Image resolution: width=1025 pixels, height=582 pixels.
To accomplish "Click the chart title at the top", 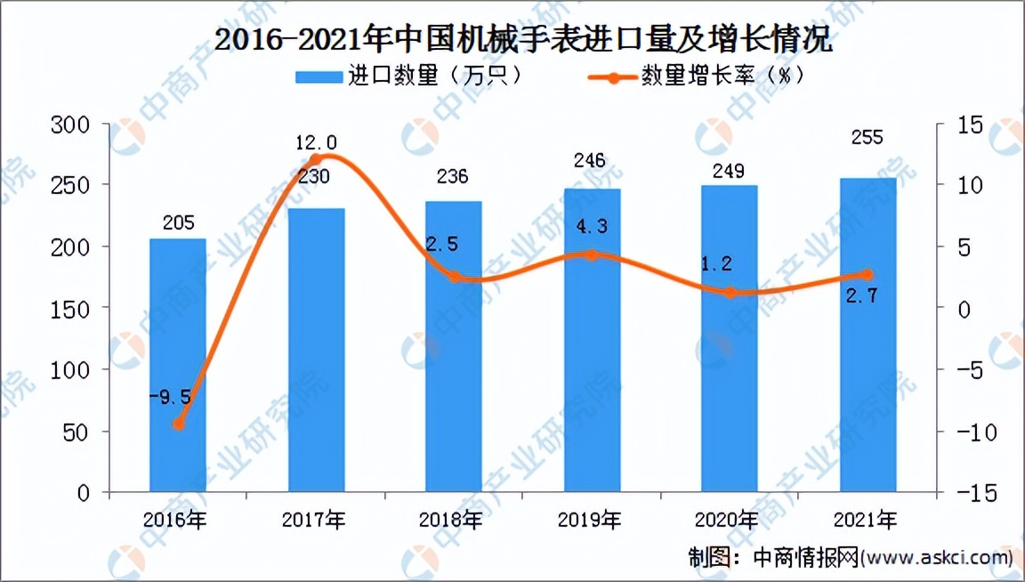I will pyautogui.click(x=512, y=40).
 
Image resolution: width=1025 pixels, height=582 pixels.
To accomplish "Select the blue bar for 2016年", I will pyautogui.click(x=177, y=365).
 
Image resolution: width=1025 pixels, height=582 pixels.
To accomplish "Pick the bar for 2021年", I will pyautogui.click(x=868, y=335).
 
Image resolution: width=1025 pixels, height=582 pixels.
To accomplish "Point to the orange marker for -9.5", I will pyautogui.click(x=178, y=424).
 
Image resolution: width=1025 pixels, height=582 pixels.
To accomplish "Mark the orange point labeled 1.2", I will pyautogui.click(x=730, y=292).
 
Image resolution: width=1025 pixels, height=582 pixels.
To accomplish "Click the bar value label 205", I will pyautogui.click(x=178, y=222).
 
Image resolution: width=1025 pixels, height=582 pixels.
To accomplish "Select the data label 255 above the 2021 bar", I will pyautogui.click(x=868, y=138).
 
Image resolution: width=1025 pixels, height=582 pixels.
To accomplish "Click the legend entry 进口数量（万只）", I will pyautogui.click(x=409, y=77).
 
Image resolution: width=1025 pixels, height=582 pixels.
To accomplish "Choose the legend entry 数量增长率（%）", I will pyautogui.click(x=698, y=77).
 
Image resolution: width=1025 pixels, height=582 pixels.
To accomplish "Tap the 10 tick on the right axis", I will pyautogui.click(x=964, y=185).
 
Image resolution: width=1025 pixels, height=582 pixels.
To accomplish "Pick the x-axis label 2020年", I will pyautogui.click(x=730, y=519).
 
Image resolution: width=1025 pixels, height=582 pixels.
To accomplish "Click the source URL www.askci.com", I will pyautogui.click(x=938, y=558).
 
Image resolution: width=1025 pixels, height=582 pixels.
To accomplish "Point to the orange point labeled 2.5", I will pyautogui.click(x=455, y=277).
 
